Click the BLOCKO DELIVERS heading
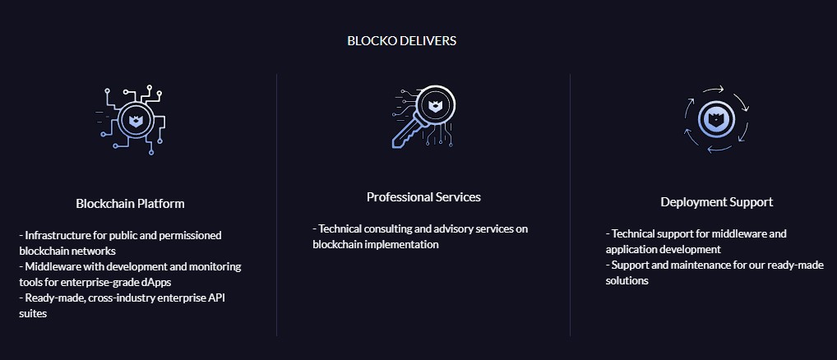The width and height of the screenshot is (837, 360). point(401,41)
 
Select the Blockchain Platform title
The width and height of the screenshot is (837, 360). point(130,204)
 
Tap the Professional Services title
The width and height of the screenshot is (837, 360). point(423,197)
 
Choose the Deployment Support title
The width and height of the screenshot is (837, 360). point(716,202)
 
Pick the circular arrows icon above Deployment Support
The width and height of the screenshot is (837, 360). point(716,119)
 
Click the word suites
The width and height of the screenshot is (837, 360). point(33,314)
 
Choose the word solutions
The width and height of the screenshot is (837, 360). point(627,280)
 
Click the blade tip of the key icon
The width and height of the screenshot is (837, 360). point(394,145)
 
